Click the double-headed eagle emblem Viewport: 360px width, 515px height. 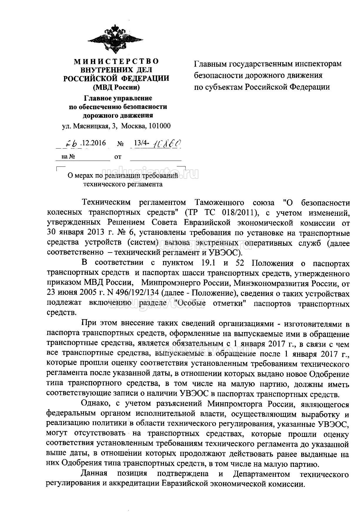pyautogui.click(x=116, y=39)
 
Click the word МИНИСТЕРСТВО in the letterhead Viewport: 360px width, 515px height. pyautogui.click(x=116, y=61)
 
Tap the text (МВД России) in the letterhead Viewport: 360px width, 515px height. pyautogui.click(x=116, y=87)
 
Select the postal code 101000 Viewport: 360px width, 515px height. pyautogui.click(x=160, y=126)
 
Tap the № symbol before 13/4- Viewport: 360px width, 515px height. pyautogui.click(x=120, y=144)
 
